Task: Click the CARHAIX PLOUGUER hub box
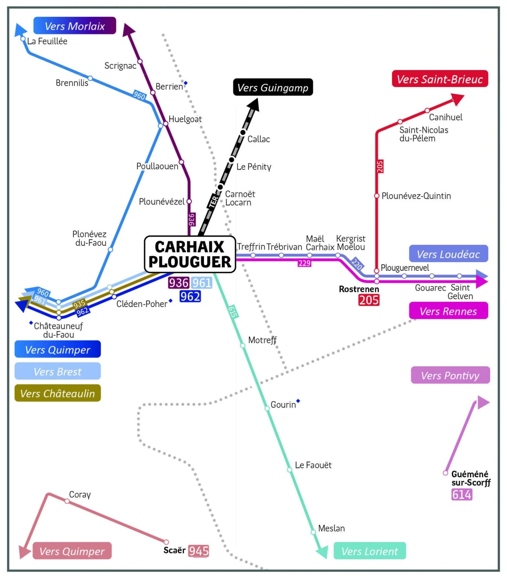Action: (x=190, y=254)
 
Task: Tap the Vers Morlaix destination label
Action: (x=74, y=26)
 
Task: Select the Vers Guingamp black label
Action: (x=273, y=87)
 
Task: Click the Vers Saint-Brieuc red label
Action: (x=440, y=79)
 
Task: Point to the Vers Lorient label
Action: (x=369, y=551)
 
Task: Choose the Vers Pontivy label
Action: (x=450, y=376)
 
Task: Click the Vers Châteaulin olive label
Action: (x=58, y=393)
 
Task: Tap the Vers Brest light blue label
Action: (x=58, y=372)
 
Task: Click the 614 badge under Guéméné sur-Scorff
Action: (x=462, y=494)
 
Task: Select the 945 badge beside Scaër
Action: (x=199, y=551)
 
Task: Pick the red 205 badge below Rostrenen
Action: (x=369, y=300)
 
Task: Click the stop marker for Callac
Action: (x=243, y=132)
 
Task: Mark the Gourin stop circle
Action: (x=267, y=408)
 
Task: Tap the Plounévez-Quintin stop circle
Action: (x=376, y=196)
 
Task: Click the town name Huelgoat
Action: (x=185, y=119)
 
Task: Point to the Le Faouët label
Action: (x=313, y=465)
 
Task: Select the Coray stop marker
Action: (x=67, y=501)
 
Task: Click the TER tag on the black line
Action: (x=213, y=202)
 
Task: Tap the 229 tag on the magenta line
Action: (x=304, y=263)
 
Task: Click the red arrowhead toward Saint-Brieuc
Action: (x=458, y=99)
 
